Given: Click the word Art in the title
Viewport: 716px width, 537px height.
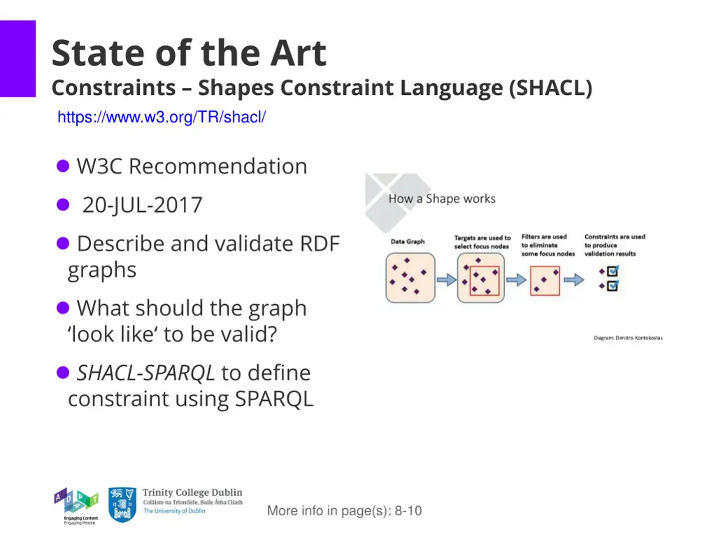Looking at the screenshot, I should click(x=298, y=54).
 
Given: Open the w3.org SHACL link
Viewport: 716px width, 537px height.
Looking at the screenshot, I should click(x=161, y=117).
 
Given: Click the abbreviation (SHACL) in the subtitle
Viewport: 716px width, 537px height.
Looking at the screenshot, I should click(x=551, y=88).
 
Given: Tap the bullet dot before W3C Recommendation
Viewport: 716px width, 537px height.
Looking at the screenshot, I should click(x=63, y=166).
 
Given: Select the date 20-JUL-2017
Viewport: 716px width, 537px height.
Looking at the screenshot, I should click(x=142, y=205).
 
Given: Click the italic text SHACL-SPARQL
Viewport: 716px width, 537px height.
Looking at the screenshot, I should click(x=145, y=373).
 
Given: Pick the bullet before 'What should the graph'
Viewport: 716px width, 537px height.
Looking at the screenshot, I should click(x=63, y=308).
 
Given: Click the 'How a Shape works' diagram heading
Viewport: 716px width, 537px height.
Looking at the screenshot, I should click(x=441, y=199).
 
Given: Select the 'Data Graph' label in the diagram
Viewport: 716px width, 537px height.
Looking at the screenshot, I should click(x=408, y=242).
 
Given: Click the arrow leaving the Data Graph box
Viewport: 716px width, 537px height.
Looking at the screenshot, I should click(x=445, y=280).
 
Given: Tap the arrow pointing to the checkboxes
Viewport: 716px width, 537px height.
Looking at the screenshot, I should click(x=573, y=280).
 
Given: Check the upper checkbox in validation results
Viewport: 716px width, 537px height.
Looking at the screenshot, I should click(x=612, y=271).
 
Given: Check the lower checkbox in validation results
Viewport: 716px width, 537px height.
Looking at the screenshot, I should click(x=612, y=286).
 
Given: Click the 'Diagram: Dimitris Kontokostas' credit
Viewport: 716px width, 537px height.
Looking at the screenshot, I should click(x=627, y=338).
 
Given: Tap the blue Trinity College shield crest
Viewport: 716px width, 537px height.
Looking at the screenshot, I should click(x=122, y=505).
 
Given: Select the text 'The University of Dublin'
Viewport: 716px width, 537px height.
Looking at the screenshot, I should click(x=174, y=511).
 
